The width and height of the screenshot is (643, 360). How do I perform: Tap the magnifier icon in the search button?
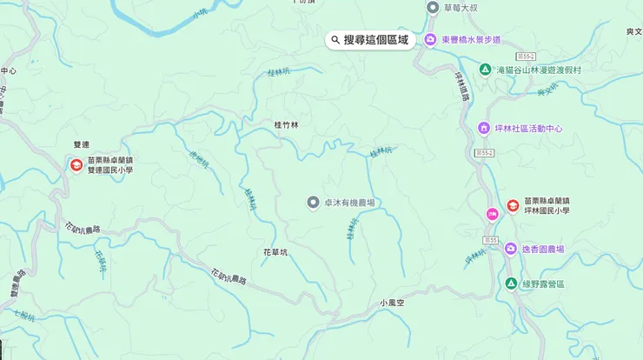[335, 40]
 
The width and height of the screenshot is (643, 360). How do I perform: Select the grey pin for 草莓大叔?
[433, 8]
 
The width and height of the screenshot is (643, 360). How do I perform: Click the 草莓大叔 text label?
[461, 8]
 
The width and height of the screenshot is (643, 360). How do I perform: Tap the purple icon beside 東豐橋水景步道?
[429, 40]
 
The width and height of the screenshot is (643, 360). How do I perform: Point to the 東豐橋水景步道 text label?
[471, 40]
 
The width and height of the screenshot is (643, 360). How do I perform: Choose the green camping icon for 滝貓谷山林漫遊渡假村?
[485, 69]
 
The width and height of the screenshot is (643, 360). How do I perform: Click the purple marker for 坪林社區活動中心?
[484, 129]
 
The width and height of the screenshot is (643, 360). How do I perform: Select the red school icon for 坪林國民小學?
[513, 205]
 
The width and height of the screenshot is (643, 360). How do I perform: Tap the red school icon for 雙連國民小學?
[76, 165]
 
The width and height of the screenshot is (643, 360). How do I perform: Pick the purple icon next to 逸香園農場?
[511, 250]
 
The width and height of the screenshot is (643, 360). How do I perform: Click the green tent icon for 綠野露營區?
[511, 284]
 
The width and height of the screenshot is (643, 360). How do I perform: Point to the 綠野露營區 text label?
[543, 284]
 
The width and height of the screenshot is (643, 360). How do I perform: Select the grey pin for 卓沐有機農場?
[314, 203]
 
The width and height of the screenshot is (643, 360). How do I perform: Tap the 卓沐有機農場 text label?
[349, 203]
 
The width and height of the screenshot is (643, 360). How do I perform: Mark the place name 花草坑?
[275, 252]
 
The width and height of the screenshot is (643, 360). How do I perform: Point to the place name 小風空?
[393, 303]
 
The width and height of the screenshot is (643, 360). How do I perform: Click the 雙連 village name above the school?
[82, 145]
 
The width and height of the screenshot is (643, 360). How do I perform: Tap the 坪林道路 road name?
[461, 86]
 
